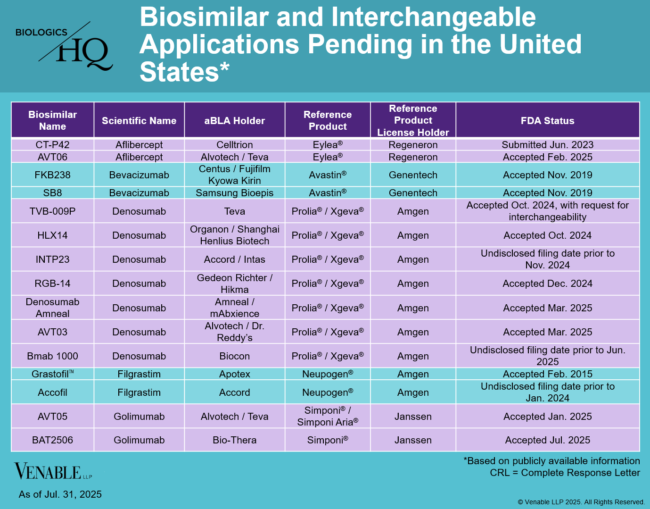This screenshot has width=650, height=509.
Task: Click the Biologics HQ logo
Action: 64,46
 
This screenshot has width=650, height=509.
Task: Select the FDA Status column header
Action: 547,121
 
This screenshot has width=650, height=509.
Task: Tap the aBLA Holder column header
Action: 234,121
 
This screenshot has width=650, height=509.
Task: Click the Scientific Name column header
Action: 139,121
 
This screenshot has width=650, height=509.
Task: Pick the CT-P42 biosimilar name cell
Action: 52,145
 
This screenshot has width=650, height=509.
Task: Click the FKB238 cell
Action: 52,175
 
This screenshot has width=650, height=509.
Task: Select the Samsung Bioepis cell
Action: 234,193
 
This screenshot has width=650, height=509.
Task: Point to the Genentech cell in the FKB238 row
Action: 413,175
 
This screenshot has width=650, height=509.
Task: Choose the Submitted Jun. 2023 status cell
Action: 547,145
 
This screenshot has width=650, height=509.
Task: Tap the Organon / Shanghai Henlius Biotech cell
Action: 234,235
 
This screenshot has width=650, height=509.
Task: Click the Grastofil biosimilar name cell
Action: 52,374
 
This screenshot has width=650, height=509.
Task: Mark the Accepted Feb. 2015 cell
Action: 547,374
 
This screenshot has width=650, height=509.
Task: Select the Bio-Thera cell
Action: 234,440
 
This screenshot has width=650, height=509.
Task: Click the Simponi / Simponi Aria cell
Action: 328,416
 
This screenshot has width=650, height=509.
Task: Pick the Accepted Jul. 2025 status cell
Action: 547,440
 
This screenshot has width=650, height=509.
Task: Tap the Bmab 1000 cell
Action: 52,356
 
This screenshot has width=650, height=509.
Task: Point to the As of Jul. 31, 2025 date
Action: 60,494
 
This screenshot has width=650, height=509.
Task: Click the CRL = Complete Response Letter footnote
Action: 565,473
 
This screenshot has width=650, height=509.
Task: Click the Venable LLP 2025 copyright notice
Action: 581,502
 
